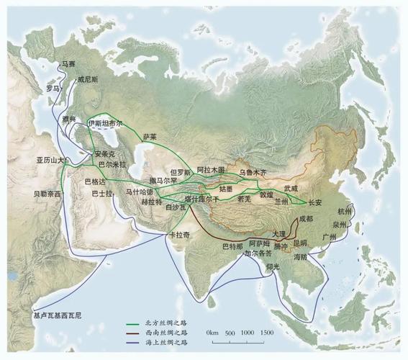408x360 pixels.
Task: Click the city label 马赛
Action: pos(68,65)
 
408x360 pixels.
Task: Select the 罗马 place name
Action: pos(53,89)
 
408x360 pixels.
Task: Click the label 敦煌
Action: pos(267,194)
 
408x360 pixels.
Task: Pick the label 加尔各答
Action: pos(258,253)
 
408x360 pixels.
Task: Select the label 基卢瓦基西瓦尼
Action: pos(58,315)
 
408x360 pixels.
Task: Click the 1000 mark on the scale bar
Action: pos(246,333)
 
